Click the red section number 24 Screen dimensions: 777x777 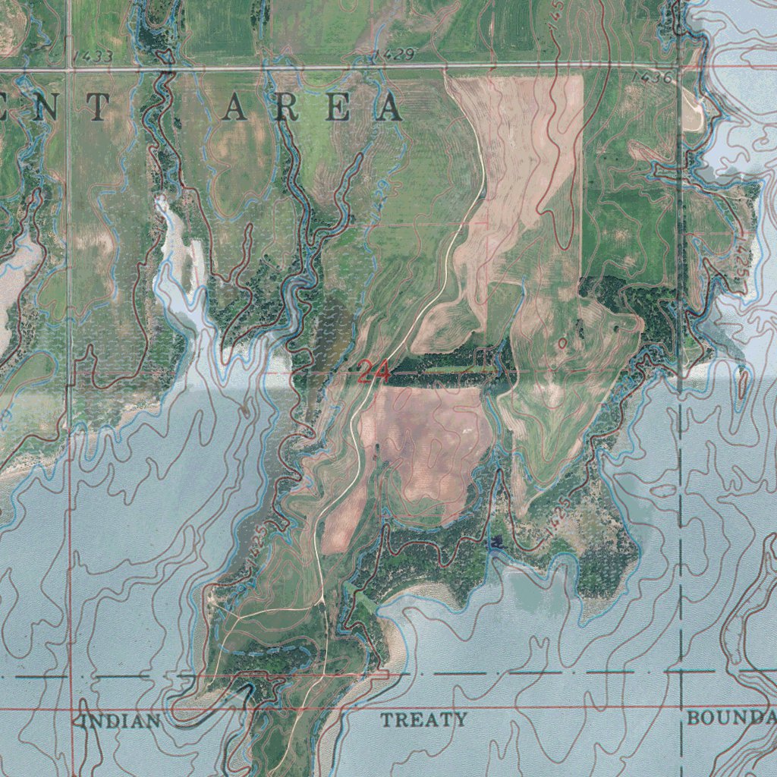coord(373,372)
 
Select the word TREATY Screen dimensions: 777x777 coord(423,719)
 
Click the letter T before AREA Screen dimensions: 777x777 coord(98,108)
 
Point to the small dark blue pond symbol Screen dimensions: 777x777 coord(497,542)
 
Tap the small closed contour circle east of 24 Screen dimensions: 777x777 coord(562,343)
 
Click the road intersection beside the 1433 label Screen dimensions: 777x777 coord(69,70)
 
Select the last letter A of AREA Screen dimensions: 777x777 coord(391,108)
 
